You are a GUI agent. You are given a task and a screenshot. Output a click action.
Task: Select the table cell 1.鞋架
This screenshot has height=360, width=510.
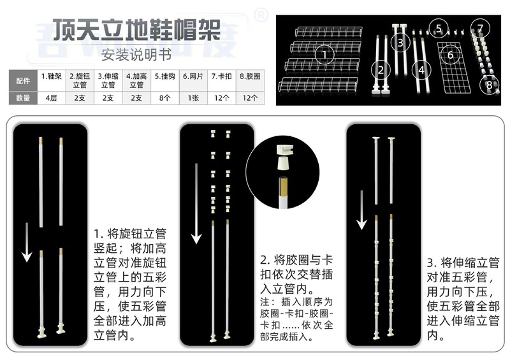(x=51, y=76)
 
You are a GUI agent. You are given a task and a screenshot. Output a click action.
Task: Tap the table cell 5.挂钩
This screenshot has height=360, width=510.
(x=165, y=76)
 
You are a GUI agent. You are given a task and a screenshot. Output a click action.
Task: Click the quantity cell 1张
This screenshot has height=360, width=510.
(x=193, y=98)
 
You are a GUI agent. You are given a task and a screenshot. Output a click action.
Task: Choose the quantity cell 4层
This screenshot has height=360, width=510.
(x=51, y=98)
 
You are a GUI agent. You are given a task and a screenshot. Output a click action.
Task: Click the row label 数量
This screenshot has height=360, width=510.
(x=22, y=98)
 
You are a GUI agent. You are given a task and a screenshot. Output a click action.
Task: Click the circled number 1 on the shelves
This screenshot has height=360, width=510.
(x=325, y=55)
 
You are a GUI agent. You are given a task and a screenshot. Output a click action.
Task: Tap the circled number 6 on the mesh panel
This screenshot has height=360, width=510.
(x=450, y=55)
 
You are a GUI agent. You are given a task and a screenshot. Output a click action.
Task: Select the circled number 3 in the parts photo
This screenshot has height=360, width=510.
(x=400, y=43)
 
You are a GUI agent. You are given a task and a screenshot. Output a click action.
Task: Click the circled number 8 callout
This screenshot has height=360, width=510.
(x=489, y=83)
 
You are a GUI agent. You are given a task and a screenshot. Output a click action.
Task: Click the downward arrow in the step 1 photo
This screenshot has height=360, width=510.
(x=27, y=241)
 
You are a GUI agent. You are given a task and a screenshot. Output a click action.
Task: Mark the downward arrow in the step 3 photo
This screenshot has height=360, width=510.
(x=361, y=210)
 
